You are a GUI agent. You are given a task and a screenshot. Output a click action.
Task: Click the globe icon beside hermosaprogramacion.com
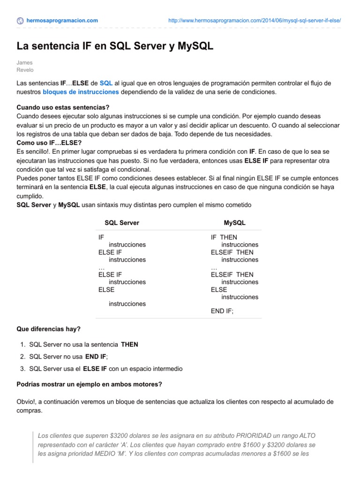click(x=20, y=21)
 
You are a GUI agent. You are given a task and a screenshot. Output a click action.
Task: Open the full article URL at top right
click(x=254, y=21)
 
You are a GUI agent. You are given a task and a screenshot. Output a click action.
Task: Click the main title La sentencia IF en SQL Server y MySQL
click(x=115, y=46)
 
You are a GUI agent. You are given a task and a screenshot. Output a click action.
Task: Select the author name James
click(x=25, y=62)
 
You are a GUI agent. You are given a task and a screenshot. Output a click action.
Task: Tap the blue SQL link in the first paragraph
click(x=106, y=83)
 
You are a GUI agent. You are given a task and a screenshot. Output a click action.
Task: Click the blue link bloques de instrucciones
click(x=81, y=92)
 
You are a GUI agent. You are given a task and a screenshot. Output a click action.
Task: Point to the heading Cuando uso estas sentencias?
click(x=63, y=107)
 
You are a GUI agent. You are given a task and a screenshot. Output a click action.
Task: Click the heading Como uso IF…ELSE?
click(x=49, y=142)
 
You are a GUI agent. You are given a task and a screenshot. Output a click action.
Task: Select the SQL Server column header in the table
click(x=121, y=223)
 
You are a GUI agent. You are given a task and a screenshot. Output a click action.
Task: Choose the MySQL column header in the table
click(x=235, y=223)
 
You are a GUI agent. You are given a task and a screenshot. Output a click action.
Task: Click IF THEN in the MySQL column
click(x=224, y=237)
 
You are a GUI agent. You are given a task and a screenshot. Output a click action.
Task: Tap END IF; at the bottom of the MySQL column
click(x=222, y=310)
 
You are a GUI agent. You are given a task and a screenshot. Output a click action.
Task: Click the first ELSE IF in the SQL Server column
click(x=110, y=252)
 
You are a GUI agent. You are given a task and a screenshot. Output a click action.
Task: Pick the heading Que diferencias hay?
click(x=49, y=329)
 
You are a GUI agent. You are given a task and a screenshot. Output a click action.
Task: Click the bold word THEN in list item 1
click(x=129, y=345)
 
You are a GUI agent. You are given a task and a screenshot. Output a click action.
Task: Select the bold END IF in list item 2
click(x=96, y=357)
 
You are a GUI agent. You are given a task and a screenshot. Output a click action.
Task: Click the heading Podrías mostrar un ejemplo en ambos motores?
click(x=89, y=384)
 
